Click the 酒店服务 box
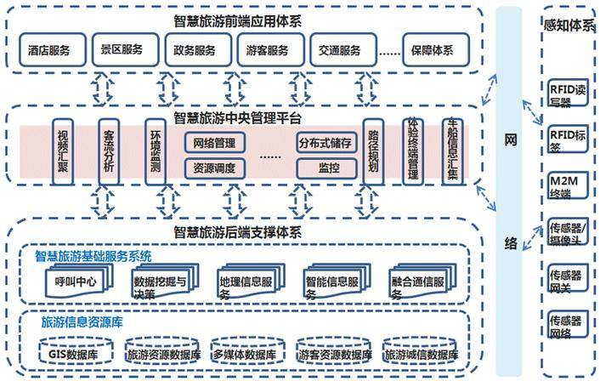click(x=49, y=50)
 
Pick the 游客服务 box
click(x=267, y=50)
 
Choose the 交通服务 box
click(x=338, y=50)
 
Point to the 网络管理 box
click(x=214, y=142)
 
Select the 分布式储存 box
click(x=325, y=142)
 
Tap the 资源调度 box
click(x=214, y=167)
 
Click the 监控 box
click(x=325, y=167)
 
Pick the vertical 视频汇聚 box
click(x=62, y=151)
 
